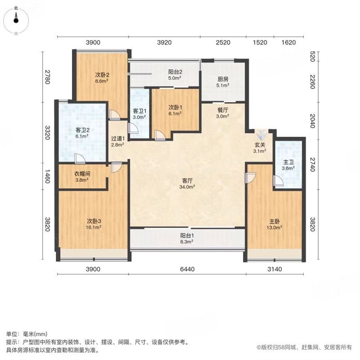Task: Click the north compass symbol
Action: (x=16, y=20)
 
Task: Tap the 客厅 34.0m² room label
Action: (x=187, y=184)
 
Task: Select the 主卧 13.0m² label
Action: (x=274, y=224)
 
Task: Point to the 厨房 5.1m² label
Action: (x=223, y=82)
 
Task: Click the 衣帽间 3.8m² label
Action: (x=82, y=176)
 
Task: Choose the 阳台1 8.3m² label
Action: (x=187, y=238)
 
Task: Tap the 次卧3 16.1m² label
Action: (x=94, y=224)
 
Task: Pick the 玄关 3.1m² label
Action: (x=260, y=148)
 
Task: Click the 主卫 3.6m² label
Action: (x=288, y=165)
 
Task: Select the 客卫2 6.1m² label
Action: (x=82, y=133)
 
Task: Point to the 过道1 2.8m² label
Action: (x=117, y=141)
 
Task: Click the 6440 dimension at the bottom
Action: (x=187, y=269)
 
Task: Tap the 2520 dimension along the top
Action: (x=223, y=42)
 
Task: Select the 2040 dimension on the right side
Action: (x=312, y=121)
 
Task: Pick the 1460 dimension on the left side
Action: (x=47, y=176)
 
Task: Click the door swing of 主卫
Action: (x=278, y=180)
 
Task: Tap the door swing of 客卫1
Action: (x=133, y=128)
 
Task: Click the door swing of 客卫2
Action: (x=80, y=159)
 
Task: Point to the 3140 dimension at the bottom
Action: (x=274, y=269)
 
